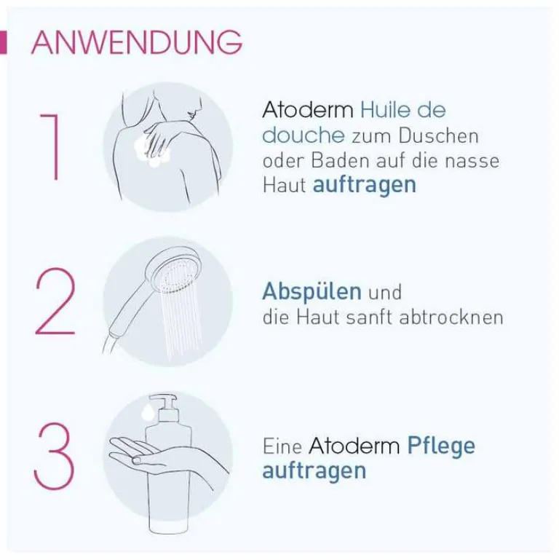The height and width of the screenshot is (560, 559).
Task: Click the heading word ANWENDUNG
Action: (x=137, y=42)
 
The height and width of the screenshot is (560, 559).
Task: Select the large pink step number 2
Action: (x=55, y=301)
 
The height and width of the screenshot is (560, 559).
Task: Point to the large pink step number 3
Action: (x=54, y=456)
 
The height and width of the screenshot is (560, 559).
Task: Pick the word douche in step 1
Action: (x=304, y=135)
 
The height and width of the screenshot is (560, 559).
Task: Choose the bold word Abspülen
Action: (x=312, y=292)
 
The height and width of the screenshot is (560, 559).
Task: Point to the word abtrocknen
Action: (x=451, y=318)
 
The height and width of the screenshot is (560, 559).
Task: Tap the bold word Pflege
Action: (x=441, y=446)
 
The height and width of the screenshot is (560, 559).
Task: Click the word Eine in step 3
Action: (x=282, y=446)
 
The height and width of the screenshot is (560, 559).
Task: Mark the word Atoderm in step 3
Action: (x=354, y=446)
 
